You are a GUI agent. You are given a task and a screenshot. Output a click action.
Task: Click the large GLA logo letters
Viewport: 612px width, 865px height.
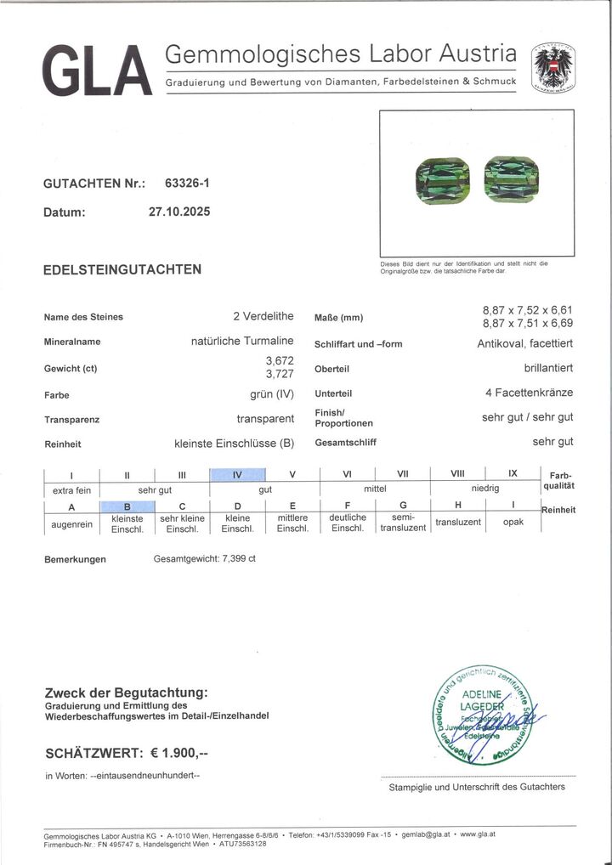95,70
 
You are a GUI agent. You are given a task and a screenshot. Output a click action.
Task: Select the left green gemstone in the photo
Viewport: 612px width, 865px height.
439,180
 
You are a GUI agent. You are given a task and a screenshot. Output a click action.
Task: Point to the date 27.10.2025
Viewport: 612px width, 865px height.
178,212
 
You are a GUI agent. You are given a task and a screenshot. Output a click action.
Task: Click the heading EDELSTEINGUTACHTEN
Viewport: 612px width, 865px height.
122,269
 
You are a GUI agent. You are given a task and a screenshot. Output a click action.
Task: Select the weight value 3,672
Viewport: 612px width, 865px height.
280,360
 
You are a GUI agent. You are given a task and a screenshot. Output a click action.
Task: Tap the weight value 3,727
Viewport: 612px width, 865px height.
280,374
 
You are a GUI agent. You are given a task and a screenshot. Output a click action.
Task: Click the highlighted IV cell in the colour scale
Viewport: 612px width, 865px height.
238,475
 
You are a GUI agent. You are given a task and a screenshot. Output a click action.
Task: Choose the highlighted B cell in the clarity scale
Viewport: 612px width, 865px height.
127,506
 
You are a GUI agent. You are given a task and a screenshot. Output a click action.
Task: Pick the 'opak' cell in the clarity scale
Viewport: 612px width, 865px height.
513,522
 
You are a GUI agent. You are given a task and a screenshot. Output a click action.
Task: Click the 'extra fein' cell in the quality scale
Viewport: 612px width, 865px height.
71,490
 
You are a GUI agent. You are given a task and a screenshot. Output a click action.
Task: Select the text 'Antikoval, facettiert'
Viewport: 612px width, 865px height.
524,344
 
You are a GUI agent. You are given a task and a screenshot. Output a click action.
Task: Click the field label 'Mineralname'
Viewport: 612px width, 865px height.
72,342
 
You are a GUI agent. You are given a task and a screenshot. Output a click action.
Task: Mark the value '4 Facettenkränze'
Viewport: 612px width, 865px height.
529,393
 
